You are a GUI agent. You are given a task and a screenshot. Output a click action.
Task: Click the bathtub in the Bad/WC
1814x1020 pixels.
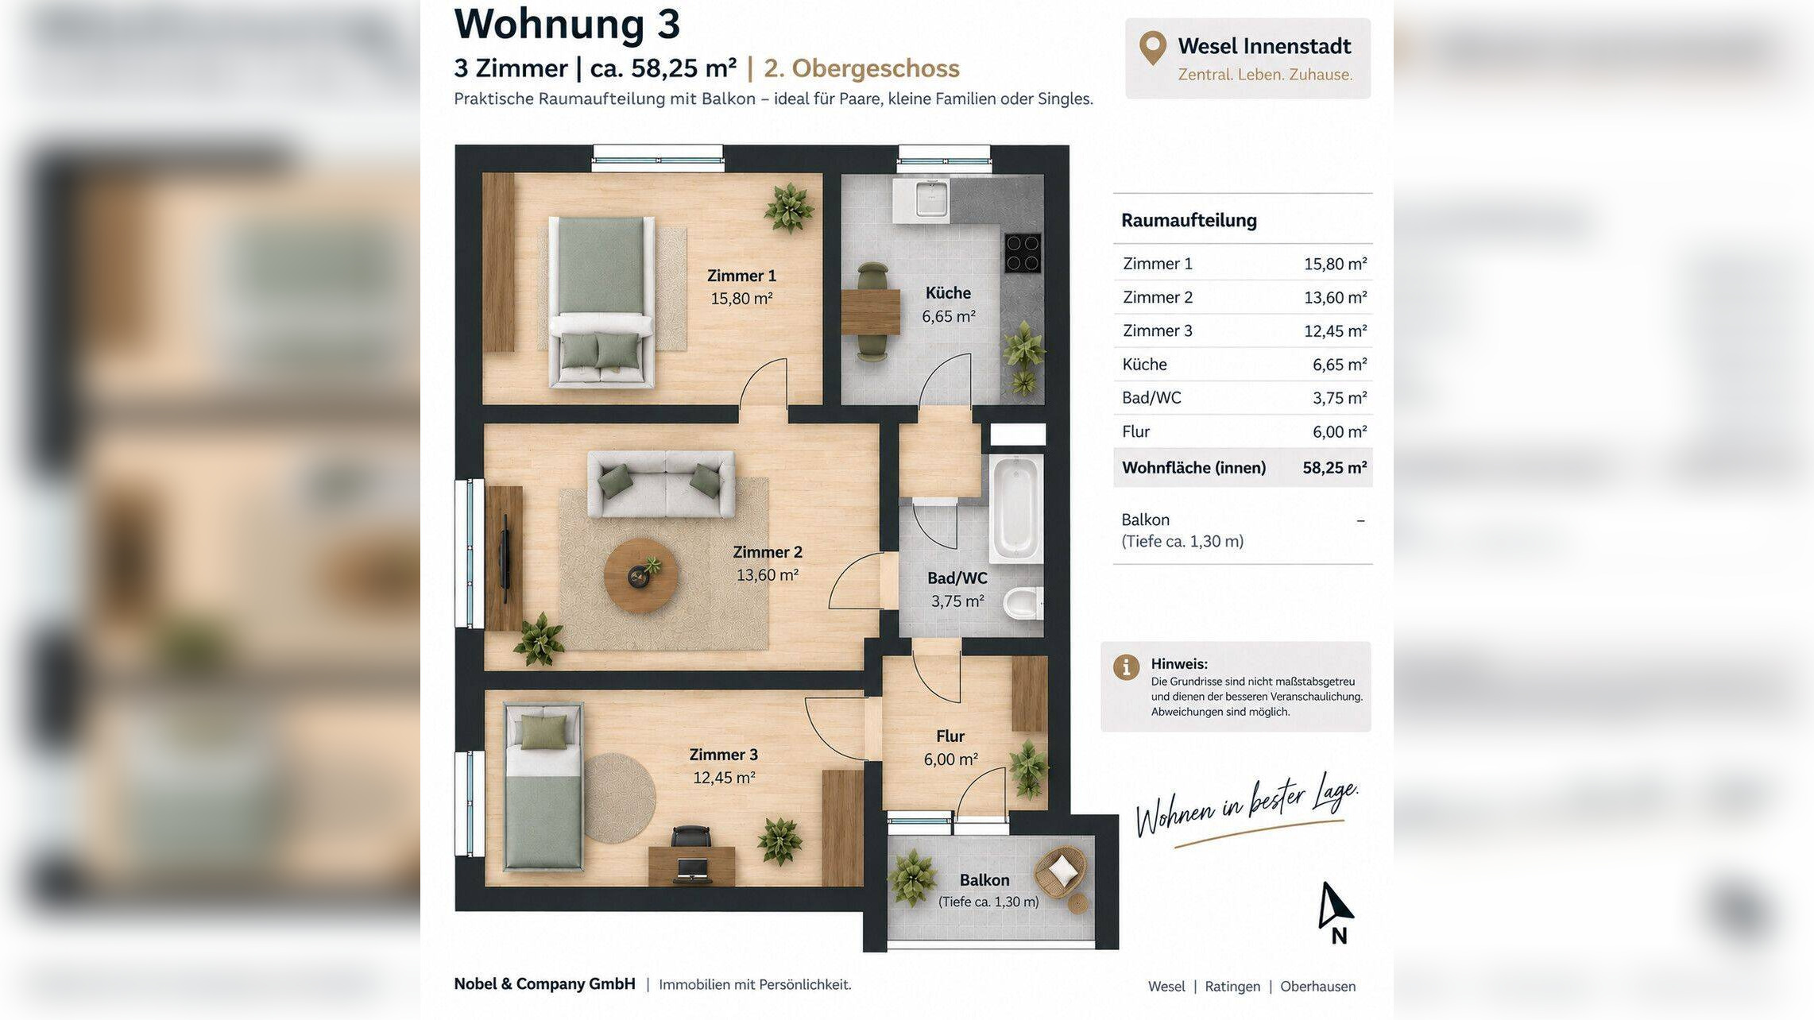tap(1016, 509)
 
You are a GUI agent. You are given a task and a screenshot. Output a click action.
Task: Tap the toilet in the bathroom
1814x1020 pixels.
tap(1023, 604)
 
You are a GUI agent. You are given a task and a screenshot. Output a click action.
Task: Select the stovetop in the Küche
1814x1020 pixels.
tap(1023, 253)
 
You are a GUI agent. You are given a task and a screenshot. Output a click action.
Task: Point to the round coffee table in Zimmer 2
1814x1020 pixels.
tap(640, 575)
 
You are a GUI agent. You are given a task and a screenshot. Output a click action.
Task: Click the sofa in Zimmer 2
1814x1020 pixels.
tap(660, 484)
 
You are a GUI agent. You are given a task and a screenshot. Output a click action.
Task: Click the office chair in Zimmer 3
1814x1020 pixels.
tap(690, 838)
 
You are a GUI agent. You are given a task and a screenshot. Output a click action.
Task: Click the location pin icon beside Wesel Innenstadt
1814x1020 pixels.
tap(1153, 48)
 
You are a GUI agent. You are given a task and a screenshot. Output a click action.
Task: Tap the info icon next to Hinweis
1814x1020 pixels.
tap(1126, 666)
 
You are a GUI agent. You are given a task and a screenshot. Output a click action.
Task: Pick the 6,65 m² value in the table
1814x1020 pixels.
tap(1339, 365)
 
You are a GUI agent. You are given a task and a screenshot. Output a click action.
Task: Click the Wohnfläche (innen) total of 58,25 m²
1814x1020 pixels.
tap(1334, 468)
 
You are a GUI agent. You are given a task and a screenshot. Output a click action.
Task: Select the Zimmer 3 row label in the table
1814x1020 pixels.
tap(1157, 330)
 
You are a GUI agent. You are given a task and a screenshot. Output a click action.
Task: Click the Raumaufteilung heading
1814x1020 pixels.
tap(1189, 220)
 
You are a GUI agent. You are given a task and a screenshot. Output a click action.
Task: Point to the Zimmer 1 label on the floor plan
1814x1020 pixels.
tap(741, 276)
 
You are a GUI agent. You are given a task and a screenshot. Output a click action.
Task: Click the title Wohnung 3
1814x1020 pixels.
tap(567, 24)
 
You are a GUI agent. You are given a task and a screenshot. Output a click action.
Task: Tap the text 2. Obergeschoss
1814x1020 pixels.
tap(861, 68)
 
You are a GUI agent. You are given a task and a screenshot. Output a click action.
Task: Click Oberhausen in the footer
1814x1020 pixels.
tap(1317, 987)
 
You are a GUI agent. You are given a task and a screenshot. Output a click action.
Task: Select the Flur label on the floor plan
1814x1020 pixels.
tap(950, 736)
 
